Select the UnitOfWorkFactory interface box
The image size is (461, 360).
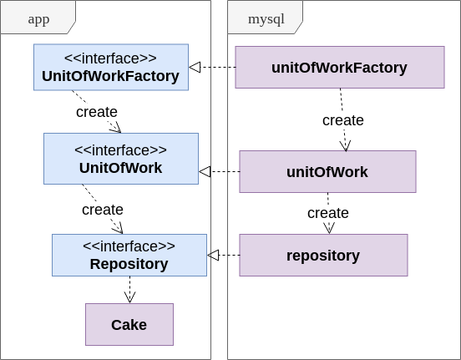[110, 67]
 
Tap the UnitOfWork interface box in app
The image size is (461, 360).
[120, 159]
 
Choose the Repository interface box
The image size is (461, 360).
[129, 255]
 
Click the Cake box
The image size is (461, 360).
[129, 324]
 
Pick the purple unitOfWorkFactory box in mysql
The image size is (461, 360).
[339, 67]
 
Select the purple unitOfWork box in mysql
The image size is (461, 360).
[327, 172]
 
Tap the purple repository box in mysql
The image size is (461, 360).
[323, 255]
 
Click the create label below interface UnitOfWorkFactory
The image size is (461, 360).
[97, 112]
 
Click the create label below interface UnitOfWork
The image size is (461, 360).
[103, 210]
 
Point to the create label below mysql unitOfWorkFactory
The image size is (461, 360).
[343, 120]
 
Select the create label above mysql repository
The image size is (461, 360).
[328, 213]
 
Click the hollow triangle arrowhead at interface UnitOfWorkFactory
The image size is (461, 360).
[195, 67]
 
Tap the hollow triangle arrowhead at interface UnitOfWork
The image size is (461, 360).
[205, 172]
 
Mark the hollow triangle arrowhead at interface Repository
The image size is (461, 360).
[213, 255]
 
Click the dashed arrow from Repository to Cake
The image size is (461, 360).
[129, 289]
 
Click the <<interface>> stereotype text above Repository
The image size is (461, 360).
[129, 246]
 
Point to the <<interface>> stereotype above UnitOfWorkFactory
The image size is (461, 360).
[110, 58]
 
